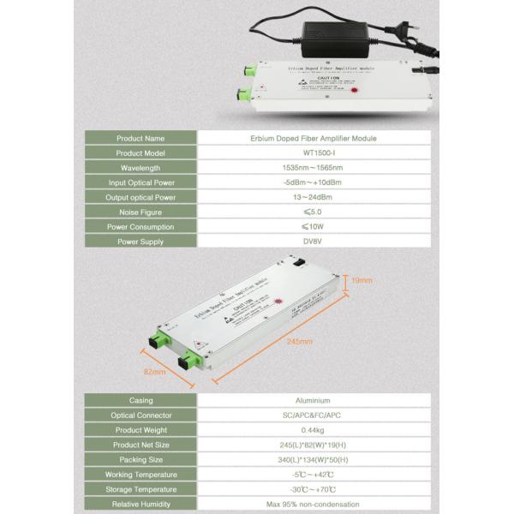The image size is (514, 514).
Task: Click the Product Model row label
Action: point(140,152)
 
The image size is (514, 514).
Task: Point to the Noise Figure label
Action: point(140,212)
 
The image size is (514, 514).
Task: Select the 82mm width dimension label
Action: point(153,372)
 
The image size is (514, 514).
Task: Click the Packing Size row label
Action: point(140,460)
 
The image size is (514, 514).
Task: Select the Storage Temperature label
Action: point(140,490)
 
